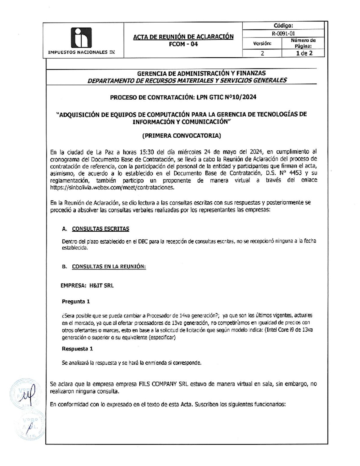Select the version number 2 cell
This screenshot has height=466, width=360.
pos(262,53)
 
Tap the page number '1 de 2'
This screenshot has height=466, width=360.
pos(304,53)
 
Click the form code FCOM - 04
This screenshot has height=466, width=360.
pos(183,44)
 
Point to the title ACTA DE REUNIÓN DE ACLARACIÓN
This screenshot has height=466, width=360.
pos(183,37)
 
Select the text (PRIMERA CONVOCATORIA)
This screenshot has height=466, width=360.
pos(181,136)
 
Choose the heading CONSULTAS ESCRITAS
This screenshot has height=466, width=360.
pos(100,229)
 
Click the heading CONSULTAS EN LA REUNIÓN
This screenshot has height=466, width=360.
pos(109,266)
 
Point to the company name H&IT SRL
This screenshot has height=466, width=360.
pos(101,286)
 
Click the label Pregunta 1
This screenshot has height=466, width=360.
pos(76,302)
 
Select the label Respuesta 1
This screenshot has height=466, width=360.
pos(77,349)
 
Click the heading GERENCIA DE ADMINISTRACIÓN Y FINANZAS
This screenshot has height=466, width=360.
pos(201,73)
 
